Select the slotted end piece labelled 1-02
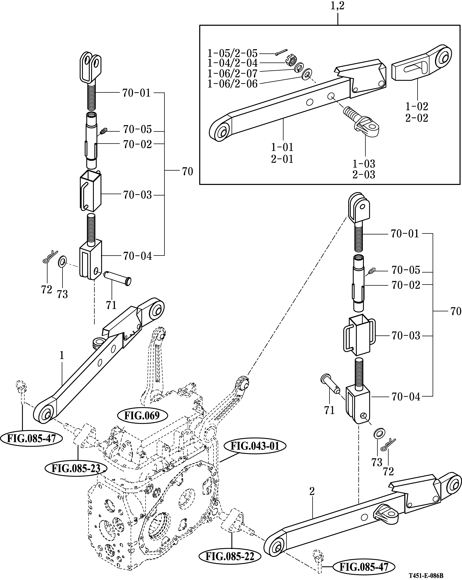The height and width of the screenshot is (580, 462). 419,66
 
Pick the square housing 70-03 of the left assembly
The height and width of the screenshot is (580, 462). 91,192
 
